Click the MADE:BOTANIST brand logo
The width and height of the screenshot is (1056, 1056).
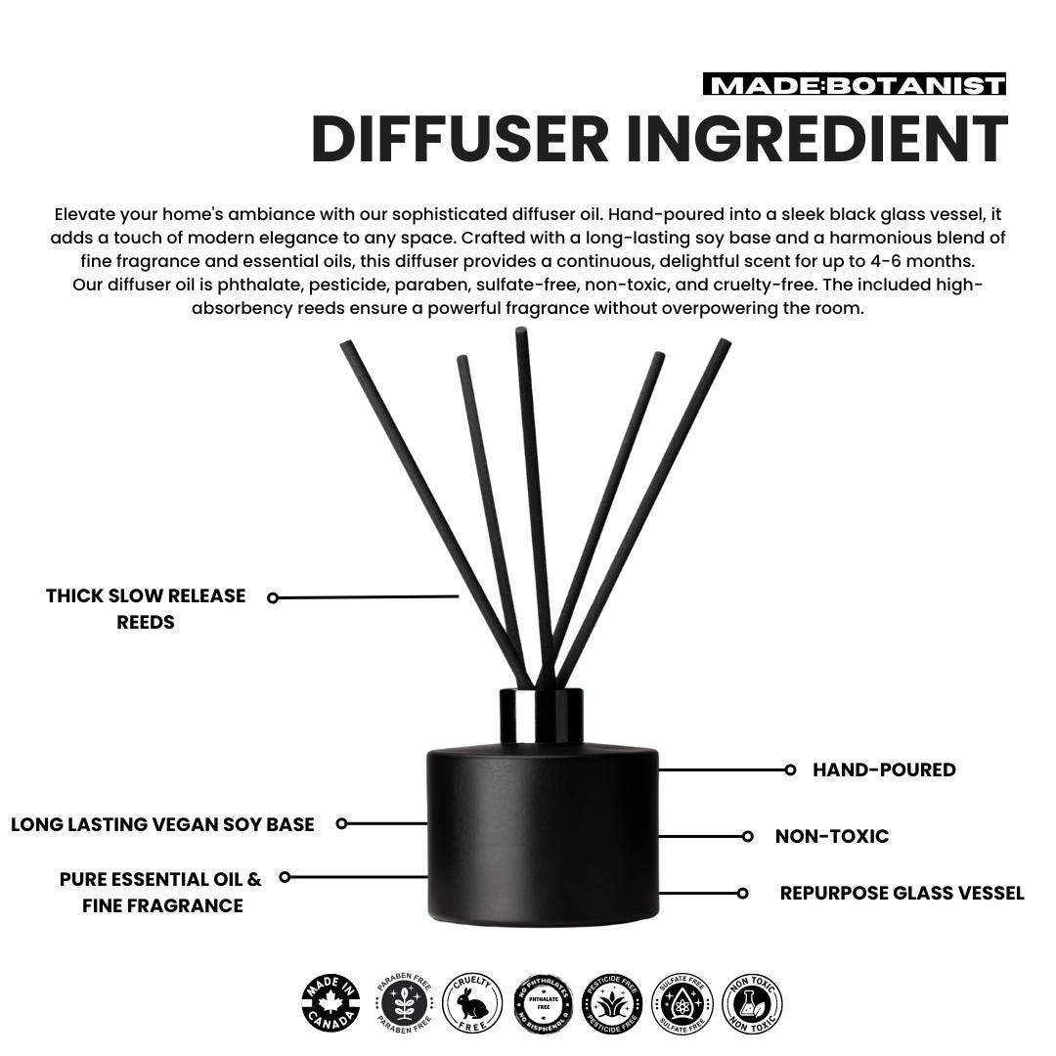click(854, 86)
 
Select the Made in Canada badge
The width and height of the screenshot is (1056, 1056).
click(330, 1004)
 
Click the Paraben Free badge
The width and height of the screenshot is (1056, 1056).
click(403, 1004)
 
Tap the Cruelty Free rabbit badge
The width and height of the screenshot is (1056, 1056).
click(472, 1004)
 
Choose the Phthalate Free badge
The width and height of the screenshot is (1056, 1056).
click(543, 1004)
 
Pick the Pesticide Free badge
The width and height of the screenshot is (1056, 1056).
click(612, 1004)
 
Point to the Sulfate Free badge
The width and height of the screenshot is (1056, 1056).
click(682, 1004)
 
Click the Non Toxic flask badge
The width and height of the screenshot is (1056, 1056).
click(752, 1004)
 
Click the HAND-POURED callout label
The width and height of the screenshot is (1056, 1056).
click(884, 770)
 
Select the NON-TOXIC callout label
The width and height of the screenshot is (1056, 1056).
click(831, 837)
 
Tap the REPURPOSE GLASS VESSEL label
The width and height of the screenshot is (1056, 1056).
click(902, 894)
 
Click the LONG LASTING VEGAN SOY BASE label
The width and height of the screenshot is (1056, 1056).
click(162, 825)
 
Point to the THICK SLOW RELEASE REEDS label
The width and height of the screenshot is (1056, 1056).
click(146, 608)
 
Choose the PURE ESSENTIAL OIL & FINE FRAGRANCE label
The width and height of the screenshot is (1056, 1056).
click(161, 892)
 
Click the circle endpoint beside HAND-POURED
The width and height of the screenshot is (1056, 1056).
click(790, 770)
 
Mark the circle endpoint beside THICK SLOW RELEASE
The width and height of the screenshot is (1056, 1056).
click(273, 597)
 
